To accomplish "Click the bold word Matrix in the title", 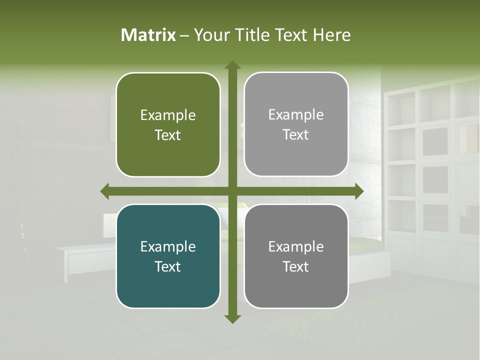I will (148, 35).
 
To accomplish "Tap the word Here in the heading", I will (332, 35).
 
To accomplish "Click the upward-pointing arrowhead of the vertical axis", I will (232, 65).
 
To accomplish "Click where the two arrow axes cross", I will (232, 191).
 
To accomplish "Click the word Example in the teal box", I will (168, 246).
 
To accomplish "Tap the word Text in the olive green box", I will (168, 135).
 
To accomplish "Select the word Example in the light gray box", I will (296, 114).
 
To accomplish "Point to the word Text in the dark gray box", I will (296, 266).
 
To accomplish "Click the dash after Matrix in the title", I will (184, 35).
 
